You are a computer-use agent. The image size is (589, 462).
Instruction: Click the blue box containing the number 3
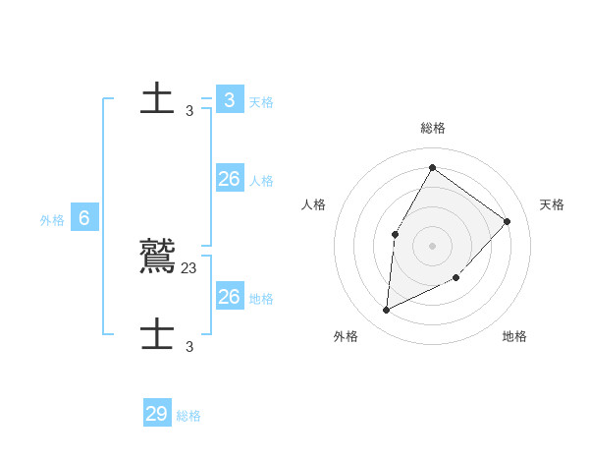(x=229, y=99)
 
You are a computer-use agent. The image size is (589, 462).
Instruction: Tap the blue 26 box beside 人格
(x=229, y=179)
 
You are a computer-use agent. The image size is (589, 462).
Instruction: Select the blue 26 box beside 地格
(x=229, y=296)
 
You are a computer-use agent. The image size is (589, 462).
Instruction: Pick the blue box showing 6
(x=83, y=218)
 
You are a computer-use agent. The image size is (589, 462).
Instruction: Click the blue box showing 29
(x=156, y=413)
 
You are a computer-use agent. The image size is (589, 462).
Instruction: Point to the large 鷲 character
(x=158, y=256)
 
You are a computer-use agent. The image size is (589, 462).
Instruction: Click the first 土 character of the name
(x=157, y=99)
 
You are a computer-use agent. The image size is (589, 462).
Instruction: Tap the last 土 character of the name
(x=157, y=334)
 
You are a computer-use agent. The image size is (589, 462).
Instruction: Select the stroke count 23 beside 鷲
(x=189, y=267)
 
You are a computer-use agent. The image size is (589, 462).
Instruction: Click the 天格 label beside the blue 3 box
(x=261, y=102)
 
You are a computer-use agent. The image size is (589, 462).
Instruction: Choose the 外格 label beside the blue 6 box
(x=52, y=220)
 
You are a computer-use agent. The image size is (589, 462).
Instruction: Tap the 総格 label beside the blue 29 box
(x=188, y=416)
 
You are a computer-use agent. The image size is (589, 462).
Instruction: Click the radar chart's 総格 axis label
(x=433, y=128)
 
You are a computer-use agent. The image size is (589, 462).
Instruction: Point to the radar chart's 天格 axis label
(x=552, y=204)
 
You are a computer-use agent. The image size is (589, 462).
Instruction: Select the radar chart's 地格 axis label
(x=514, y=336)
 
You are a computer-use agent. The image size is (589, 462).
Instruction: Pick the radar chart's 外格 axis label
(x=346, y=336)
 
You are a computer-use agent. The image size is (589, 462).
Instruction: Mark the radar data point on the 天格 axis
(x=507, y=221)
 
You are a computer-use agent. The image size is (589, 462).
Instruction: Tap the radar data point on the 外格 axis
(x=387, y=310)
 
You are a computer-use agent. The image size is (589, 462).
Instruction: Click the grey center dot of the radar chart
(x=432, y=245)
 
